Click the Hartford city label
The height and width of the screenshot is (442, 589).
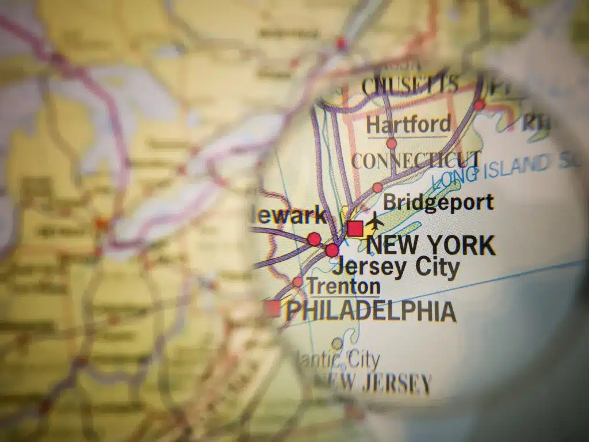pos(408,124)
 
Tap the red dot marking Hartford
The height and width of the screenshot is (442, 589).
pos(392,143)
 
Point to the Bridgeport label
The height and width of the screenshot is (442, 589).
pos(438,203)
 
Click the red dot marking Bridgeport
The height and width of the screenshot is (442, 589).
pos(377,188)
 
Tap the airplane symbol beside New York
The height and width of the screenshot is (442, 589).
pos(376,220)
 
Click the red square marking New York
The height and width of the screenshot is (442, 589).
pos(355,228)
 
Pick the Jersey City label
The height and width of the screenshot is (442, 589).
pos(396,266)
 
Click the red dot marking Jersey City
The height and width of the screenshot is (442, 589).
pos(332,250)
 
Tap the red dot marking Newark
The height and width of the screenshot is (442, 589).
pos(314,238)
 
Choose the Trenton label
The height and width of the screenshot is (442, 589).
pos(343,286)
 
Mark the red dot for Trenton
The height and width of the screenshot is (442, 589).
pos(297,281)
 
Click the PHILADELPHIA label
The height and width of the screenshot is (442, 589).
pos(371,311)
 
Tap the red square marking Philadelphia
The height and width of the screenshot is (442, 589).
pos(273,308)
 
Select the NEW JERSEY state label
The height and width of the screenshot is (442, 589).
pos(380,383)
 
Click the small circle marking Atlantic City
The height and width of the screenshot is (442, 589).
pos(336,344)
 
